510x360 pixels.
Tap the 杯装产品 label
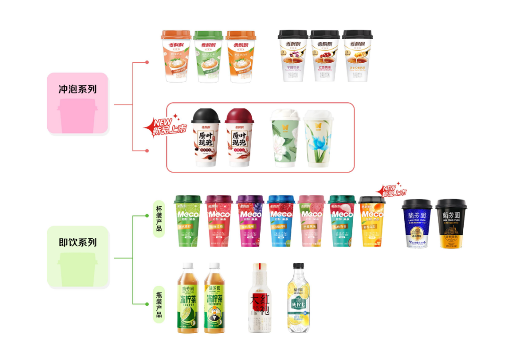click(x=159, y=218)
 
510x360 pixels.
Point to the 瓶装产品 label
click(x=159, y=302)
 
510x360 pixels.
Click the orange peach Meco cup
click(x=373, y=222)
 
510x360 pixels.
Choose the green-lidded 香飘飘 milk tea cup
click(x=208, y=56)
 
